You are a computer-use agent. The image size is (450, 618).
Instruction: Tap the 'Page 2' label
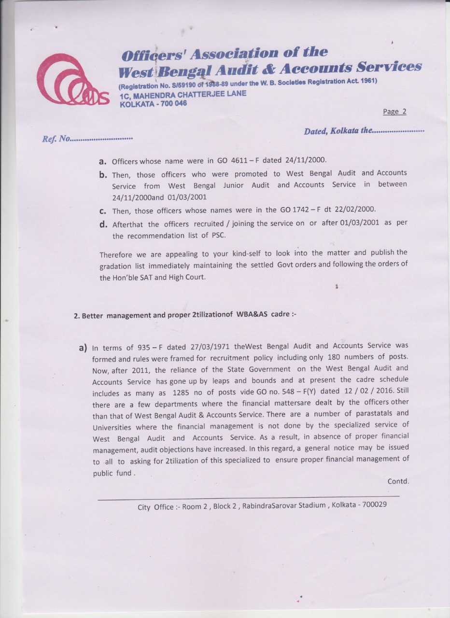(x=394, y=112)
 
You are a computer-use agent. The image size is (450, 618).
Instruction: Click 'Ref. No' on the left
(x=56, y=140)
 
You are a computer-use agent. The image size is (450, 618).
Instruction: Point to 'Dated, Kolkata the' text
(x=337, y=131)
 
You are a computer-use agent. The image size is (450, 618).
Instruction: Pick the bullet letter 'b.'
(x=103, y=174)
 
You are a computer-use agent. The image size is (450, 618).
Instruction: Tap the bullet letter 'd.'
(x=103, y=224)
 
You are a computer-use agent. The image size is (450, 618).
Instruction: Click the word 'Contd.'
(x=398, y=481)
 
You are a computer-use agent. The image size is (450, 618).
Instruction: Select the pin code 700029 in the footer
(x=372, y=505)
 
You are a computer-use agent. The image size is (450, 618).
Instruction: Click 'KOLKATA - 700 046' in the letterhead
(x=153, y=103)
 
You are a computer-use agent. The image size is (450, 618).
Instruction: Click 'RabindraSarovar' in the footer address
(x=271, y=506)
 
